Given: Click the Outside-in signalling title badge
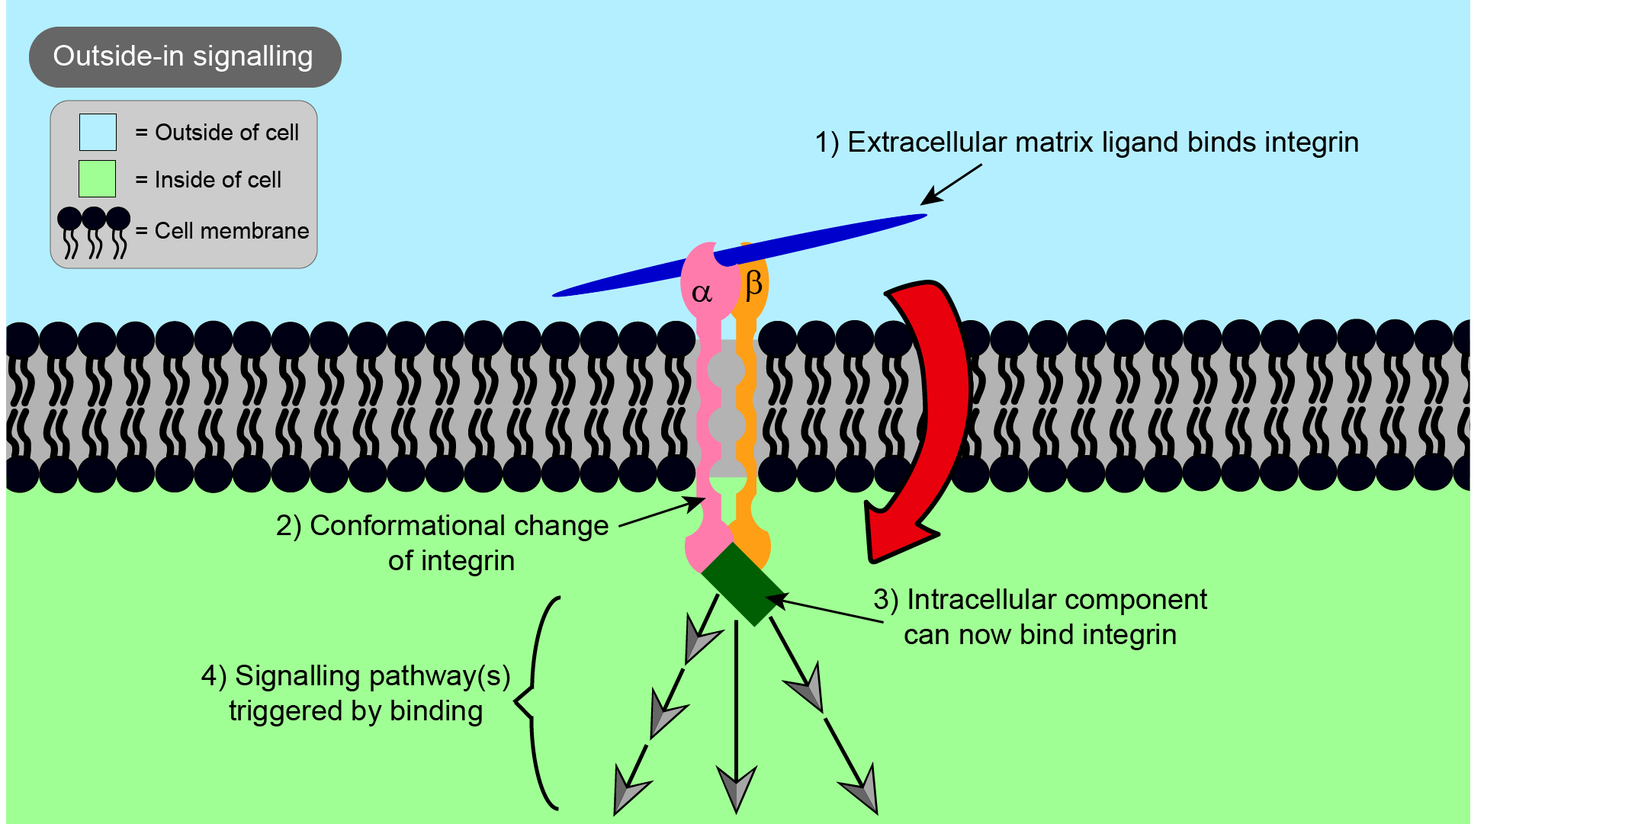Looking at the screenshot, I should tap(185, 57).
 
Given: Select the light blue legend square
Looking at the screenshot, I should tap(98, 132).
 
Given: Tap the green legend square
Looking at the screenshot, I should tap(97, 179).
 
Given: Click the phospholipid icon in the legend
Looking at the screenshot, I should tap(94, 232).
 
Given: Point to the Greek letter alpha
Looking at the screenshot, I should tap(702, 293).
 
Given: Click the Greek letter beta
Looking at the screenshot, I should tap(753, 284).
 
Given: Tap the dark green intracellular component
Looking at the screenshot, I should tap(743, 585).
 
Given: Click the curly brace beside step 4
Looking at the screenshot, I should tap(538, 701).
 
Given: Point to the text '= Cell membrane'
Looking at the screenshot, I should tap(222, 231).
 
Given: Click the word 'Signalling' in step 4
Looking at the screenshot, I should tap(297, 676).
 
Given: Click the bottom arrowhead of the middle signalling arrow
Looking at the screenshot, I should tap(737, 788).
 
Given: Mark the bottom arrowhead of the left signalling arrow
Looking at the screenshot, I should tap(629, 791).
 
